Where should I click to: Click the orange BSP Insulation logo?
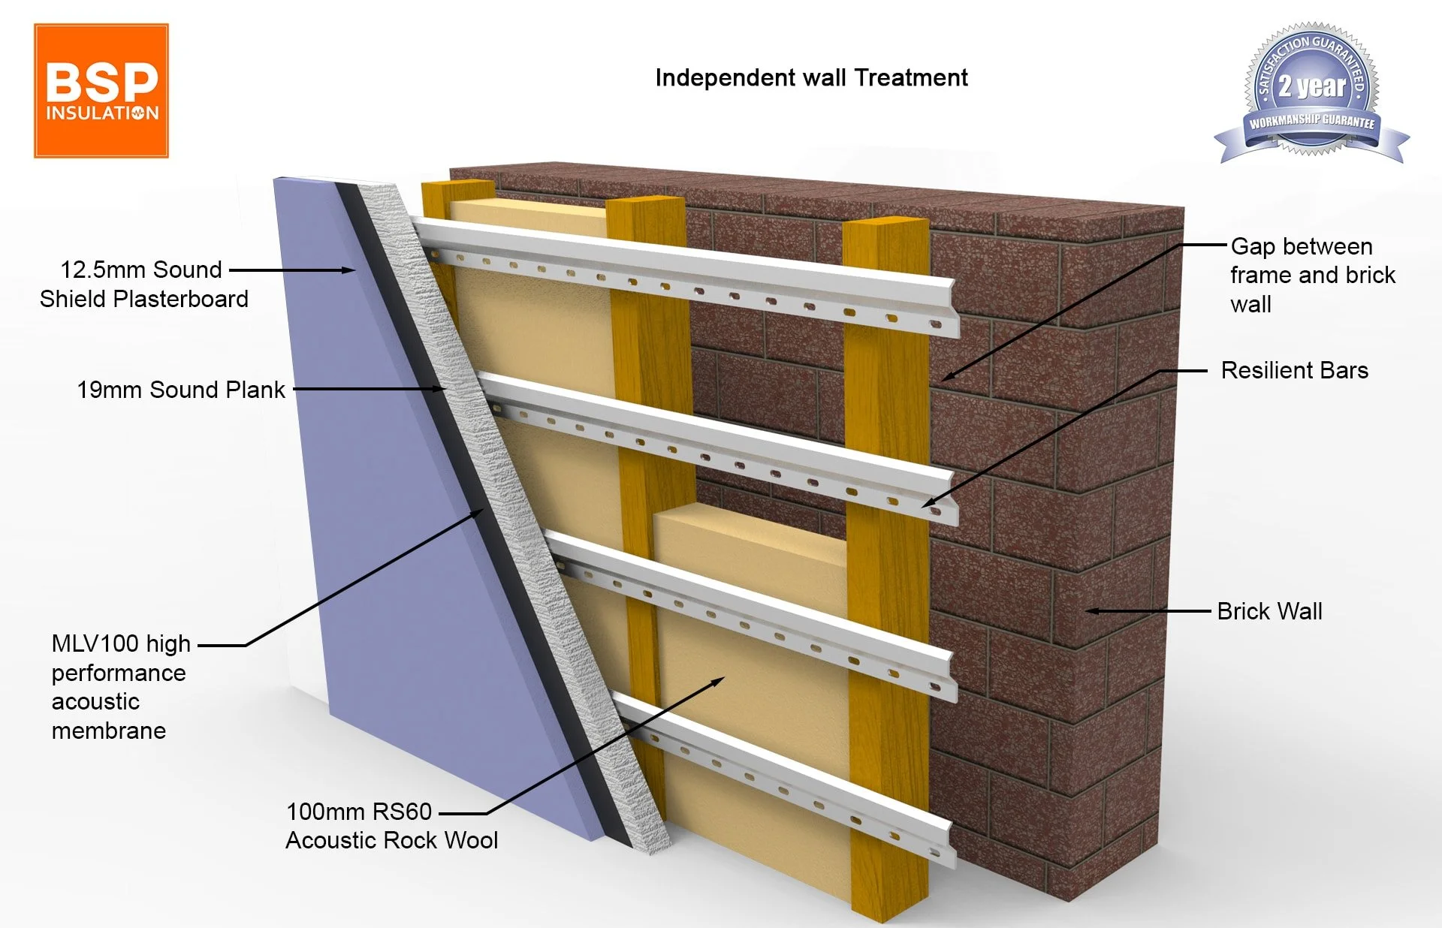tap(101, 91)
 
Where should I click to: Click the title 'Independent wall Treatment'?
tap(811, 78)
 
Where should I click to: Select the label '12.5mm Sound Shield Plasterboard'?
tap(143, 284)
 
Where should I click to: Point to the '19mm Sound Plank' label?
tap(181, 390)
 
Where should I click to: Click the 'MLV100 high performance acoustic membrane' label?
tap(120, 686)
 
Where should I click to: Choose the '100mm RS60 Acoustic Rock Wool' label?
tap(391, 825)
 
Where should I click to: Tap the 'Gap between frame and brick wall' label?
tap(1312, 275)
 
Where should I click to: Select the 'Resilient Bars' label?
tap(1294, 370)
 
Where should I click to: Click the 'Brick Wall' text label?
tap(1269, 611)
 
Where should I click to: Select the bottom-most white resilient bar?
tap(789, 781)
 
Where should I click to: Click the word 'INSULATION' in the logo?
tap(102, 113)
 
